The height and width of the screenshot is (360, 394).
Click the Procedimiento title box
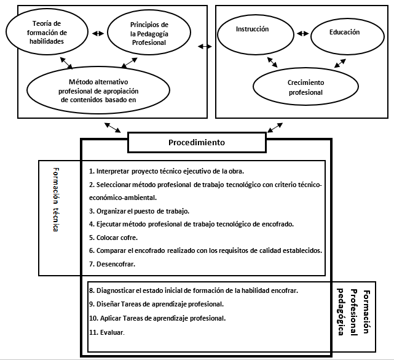click(197, 142)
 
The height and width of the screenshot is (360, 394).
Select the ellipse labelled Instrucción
click(256, 34)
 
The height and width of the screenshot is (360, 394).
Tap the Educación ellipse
click(347, 36)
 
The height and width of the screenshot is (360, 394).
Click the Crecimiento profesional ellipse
click(305, 87)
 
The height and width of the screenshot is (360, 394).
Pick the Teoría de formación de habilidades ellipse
click(47, 32)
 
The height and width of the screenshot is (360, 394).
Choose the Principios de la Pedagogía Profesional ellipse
click(149, 33)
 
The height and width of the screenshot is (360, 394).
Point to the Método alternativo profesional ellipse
click(98, 90)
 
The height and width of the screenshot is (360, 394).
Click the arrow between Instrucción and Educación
click(302, 33)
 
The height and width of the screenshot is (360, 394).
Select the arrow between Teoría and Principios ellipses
click(98, 33)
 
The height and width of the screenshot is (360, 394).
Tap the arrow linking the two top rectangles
click(205, 46)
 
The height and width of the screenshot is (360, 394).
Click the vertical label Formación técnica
click(56, 199)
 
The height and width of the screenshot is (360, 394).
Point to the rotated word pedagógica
click(341, 312)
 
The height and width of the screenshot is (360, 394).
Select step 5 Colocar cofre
click(113, 238)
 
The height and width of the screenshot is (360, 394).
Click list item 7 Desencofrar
click(112, 264)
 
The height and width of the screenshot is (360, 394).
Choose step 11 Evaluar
click(107, 332)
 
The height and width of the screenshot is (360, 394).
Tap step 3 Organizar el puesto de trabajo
click(139, 211)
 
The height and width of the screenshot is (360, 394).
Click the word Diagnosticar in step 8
click(116, 290)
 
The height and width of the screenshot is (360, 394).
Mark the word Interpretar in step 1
click(113, 171)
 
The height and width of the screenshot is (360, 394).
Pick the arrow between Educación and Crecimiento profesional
click(340, 63)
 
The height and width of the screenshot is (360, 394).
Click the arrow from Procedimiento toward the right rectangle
click(275, 127)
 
